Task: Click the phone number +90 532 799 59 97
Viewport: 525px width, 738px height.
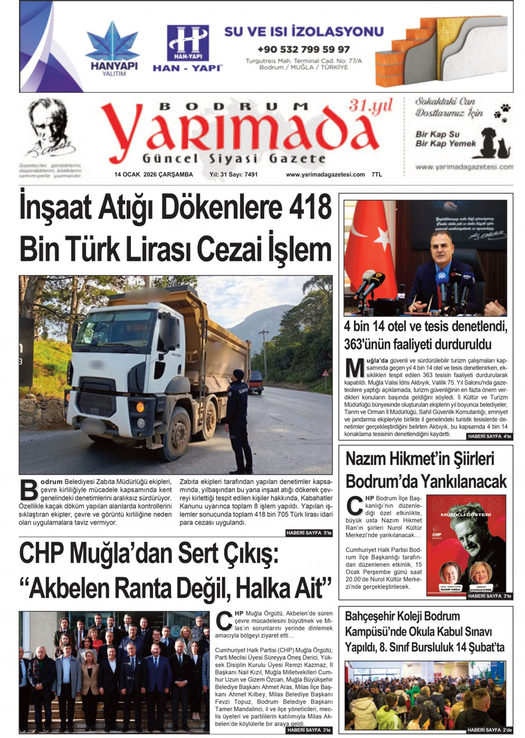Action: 304,49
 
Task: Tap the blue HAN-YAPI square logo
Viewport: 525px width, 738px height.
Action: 188,43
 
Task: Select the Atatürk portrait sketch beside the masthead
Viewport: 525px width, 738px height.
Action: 50,127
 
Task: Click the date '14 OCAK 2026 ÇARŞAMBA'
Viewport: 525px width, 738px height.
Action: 153,175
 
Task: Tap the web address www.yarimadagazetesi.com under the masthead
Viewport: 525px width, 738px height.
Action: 325,175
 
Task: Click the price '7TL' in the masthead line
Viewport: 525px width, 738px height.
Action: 376,175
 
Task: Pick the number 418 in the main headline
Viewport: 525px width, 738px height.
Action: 310,208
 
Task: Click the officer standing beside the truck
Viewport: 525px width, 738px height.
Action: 239,421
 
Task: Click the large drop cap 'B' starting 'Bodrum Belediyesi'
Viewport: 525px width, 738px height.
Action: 28,490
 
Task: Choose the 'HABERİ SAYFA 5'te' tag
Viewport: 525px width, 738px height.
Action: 309,533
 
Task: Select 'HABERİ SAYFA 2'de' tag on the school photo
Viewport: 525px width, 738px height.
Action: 489,730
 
